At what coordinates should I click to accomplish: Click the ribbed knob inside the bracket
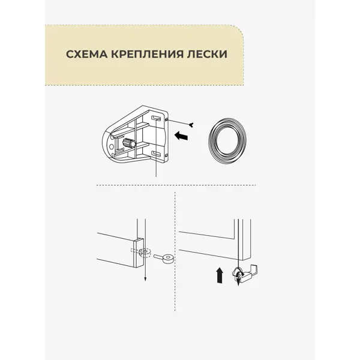pyautogui.click(x=130, y=143)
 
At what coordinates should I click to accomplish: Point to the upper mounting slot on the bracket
pyautogui.click(x=156, y=118)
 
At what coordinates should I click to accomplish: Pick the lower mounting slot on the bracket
pyautogui.click(x=157, y=154)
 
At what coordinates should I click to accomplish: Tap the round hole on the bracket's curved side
pyautogui.click(x=112, y=146)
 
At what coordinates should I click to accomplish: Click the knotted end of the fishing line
pyautogui.click(x=191, y=125)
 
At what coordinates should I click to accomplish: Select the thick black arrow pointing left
pyautogui.click(x=181, y=136)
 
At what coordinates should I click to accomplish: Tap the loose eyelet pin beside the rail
pyautogui.click(x=163, y=257)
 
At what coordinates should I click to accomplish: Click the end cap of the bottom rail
pyautogui.click(x=139, y=253)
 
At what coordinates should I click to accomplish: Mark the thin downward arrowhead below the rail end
pyautogui.click(x=145, y=279)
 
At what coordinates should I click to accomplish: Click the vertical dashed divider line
pyautogui.click(x=175, y=251)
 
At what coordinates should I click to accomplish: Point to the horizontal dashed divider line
pyautogui.click(x=176, y=185)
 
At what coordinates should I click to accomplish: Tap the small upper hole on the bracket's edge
pyautogui.click(x=166, y=119)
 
